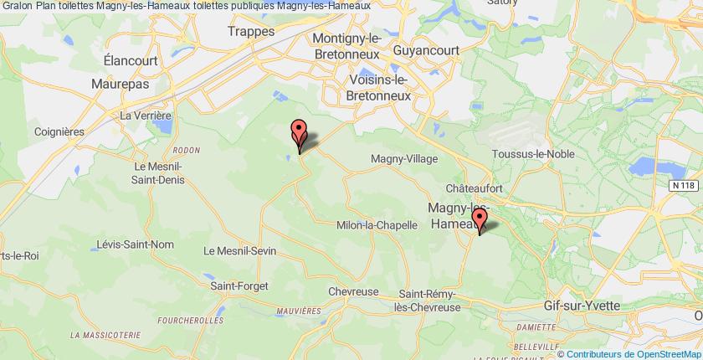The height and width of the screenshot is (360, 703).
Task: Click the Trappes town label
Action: pos(253,32)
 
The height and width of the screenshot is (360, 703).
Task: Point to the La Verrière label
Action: pos(146,115)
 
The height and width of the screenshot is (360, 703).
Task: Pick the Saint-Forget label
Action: pos(239,285)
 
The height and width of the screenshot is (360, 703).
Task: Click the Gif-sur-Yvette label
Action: pos(582,306)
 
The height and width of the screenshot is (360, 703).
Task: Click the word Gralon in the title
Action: pos(17,5)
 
